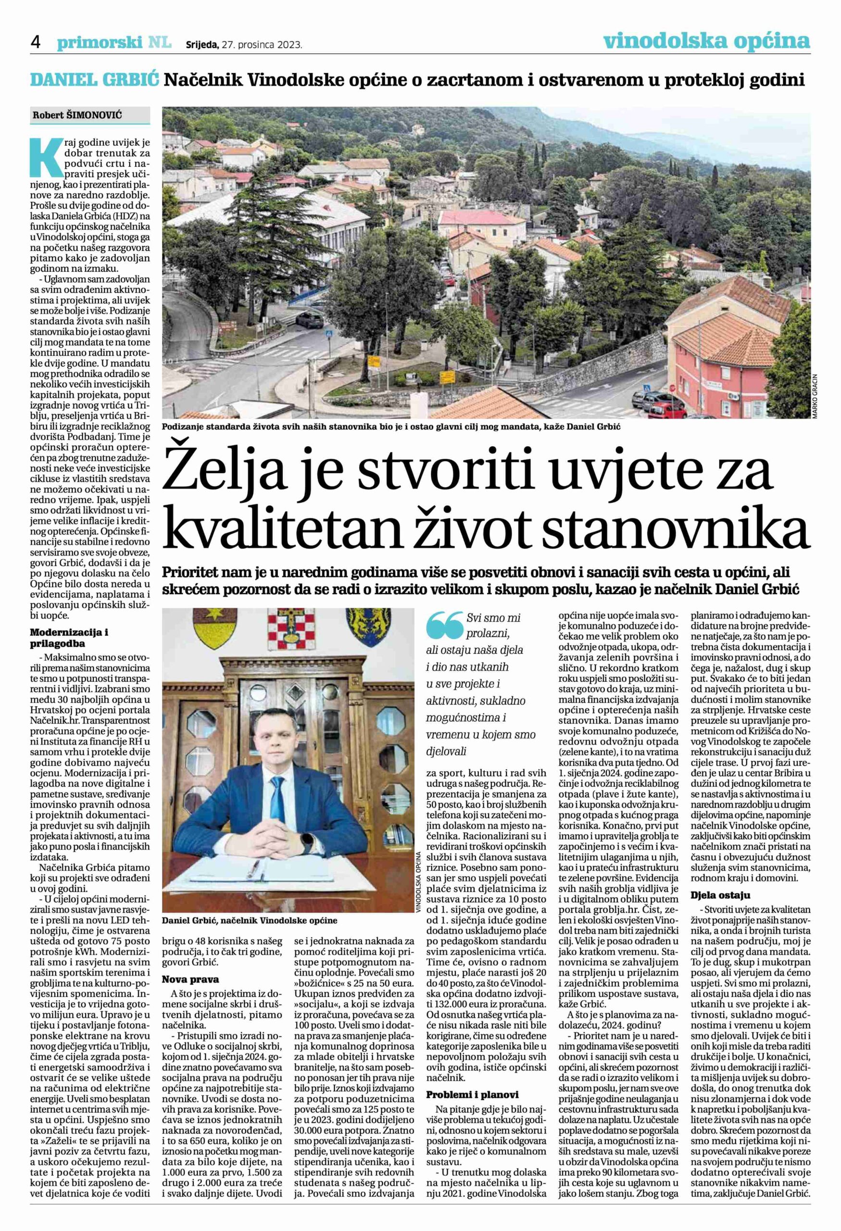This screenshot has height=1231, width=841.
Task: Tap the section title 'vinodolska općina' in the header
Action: [706, 40]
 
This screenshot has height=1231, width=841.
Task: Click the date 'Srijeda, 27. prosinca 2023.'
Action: [244, 45]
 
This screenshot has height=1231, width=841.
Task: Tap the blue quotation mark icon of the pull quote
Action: [444, 625]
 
